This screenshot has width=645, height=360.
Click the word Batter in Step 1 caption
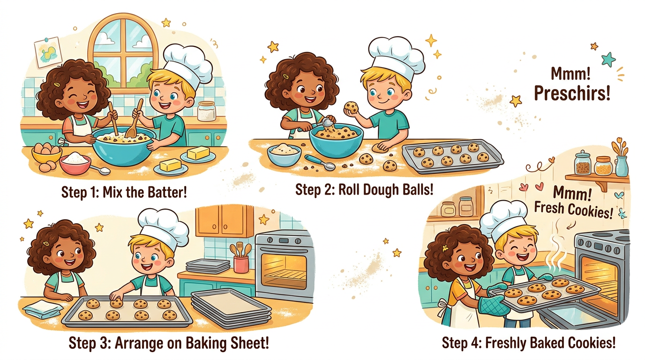click(x=167, y=192)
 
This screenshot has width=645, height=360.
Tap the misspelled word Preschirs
click(x=572, y=93)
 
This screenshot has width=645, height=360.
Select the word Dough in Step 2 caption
click(x=379, y=190)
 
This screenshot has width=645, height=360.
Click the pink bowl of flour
click(x=75, y=163)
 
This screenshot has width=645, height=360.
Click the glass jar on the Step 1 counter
click(x=206, y=111)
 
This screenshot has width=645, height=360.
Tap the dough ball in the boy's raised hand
click(x=352, y=107)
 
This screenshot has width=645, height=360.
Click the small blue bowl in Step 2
click(x=284, y=155)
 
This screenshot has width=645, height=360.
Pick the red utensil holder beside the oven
click(x=241, y=264)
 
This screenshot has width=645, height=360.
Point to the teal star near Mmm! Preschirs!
click(x=608, y=60)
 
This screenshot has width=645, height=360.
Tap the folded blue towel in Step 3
click(x=43, y=309)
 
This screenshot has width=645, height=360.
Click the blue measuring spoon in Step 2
click(x=320, y=162)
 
